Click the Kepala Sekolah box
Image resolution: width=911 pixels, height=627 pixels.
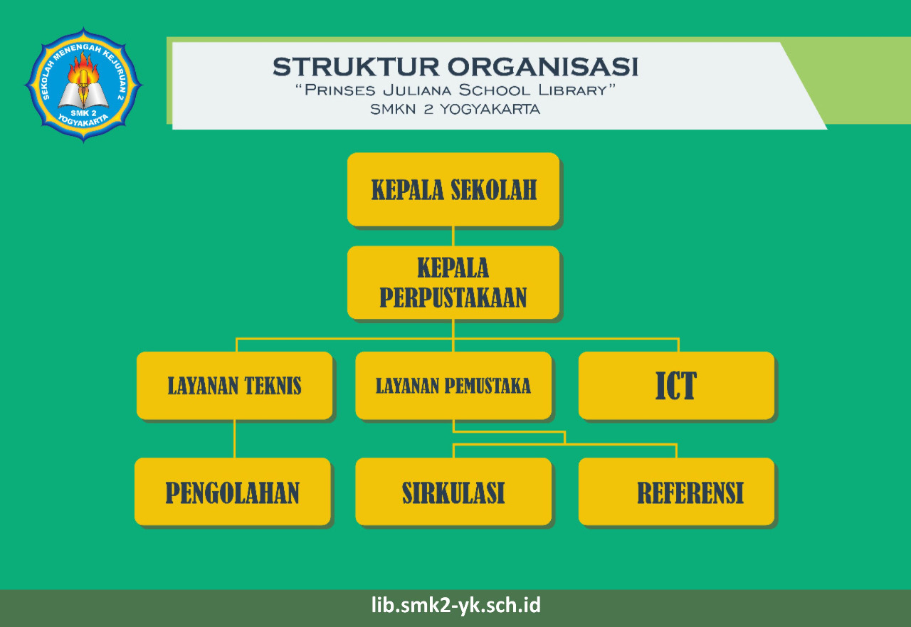tap(453, 189)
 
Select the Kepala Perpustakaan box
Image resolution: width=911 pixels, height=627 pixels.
tap(453, 283)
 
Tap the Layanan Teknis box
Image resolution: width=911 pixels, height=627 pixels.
tap(235, 386)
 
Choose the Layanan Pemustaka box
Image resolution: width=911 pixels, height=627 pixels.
tap(453, 386)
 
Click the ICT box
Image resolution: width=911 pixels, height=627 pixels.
tap(676, 386)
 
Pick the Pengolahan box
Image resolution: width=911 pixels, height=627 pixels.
tap(233, 492)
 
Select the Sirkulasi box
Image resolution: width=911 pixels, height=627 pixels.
tap(453, 492)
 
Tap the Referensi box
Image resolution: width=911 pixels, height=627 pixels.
tap(676, 492)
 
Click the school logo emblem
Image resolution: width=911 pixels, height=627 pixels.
tap(83, 85)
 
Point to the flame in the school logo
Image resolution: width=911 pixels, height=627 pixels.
tap(83, 68)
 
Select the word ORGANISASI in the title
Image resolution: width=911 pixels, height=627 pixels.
tap(543, 67)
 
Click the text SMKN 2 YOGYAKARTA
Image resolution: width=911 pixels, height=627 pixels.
tap(455, 110)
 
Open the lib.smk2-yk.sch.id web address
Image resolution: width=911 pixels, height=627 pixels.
tap(455, 606)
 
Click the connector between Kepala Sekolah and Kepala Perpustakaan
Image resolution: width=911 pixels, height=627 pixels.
tap(453, 236)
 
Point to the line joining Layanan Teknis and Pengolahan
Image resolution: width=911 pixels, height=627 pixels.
tap(234, 438)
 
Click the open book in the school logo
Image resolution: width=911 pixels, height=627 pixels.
tap(83, 95)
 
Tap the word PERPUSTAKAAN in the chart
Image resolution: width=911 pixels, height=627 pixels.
tap(453, 297)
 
